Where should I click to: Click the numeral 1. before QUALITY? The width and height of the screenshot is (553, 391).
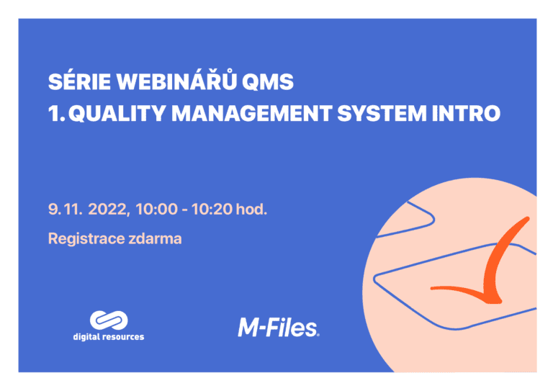pyautogui.click(x=55, y=114)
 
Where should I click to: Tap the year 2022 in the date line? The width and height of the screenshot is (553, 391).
pyautogui.click(x=108, y=210)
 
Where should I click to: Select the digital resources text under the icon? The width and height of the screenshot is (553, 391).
pyautogui.click(x=108, y=337)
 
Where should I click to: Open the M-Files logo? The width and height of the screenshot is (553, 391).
pyautogui.click(x=278, y=328)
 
